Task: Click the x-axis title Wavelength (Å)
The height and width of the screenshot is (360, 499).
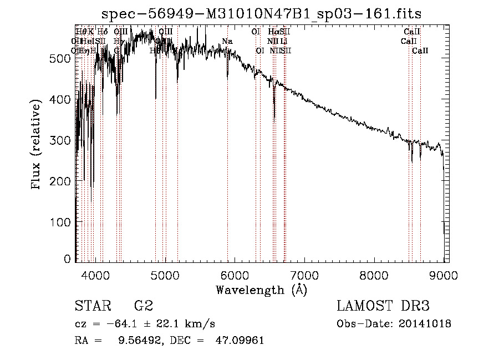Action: click(x=261, y=289)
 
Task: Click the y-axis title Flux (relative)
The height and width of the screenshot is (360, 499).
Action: click(x=37, y=145)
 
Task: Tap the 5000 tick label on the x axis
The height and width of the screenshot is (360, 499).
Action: click(x=165, y=273)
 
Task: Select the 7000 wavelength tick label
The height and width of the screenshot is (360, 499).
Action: click(x=304, y=273)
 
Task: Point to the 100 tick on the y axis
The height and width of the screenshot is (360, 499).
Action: click(x=62, y=222)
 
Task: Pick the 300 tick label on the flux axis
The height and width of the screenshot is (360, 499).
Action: click(x=62, y=140)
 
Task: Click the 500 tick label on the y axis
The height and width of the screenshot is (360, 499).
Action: click(x=62, y=58)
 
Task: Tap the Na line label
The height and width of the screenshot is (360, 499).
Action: click(x=227, y=41)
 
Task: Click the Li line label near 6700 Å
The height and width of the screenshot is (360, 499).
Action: click(x=283, y=41)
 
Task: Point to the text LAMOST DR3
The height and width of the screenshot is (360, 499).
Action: click(x=383, y=306)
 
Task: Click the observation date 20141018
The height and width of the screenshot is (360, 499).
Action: click(x=425, y=323)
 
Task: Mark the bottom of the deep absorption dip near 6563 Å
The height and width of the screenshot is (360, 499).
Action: click(x=274, y=117)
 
